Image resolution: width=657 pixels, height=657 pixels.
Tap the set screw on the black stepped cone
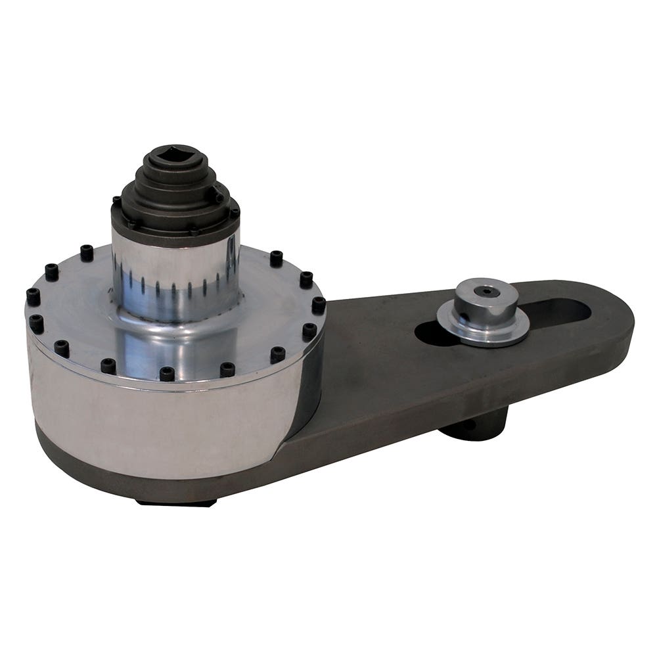point(218,196)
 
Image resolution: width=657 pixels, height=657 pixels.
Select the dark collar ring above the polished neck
point(176,227)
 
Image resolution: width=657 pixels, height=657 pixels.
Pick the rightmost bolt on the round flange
point(319,304)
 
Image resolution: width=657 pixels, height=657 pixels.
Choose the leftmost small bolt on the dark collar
point(116,200)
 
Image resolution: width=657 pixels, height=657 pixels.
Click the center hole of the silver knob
point(486,292)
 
